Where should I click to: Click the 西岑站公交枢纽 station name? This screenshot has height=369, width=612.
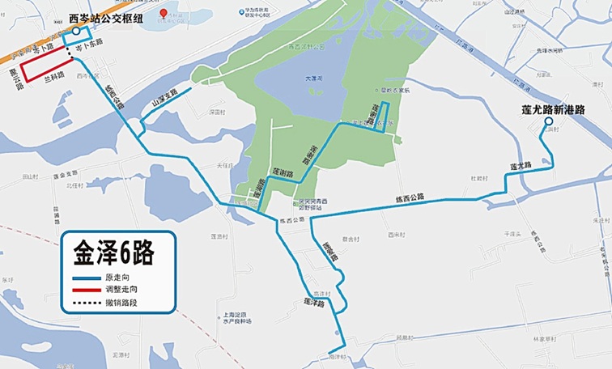[104, 17]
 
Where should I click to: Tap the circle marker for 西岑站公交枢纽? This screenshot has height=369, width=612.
[75, 31]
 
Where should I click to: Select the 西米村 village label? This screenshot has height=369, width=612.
[394, 235]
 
